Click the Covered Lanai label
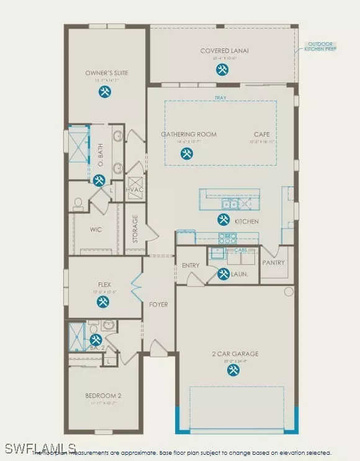coord(224,51)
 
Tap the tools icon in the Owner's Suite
coord(105,92)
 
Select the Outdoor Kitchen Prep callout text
coord(321,46)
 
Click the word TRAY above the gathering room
coord(220,97)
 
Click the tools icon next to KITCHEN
coord(223,219)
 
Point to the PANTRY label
coord(273,262)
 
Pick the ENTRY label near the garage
coord(191,266)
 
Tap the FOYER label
coord(159,305)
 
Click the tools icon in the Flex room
coord(103,302)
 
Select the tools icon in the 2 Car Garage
coord(233,370)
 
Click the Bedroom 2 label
coord(103,395)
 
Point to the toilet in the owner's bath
coord(78,202)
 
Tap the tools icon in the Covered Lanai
coord(222,70)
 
